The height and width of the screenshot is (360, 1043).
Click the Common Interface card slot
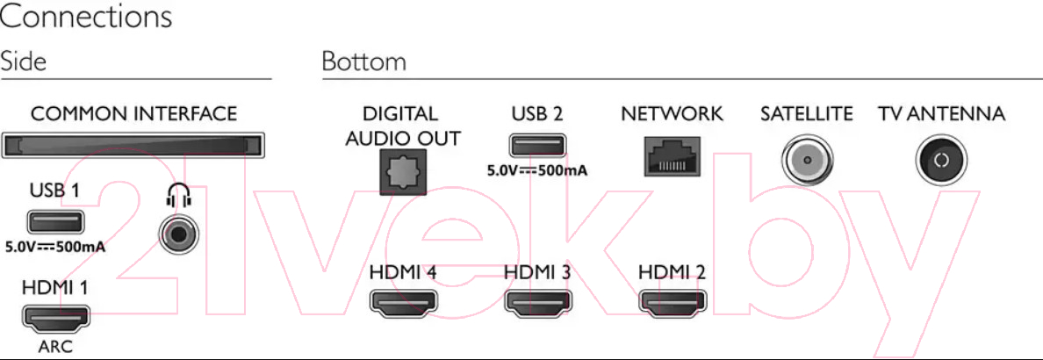pyautogui.click(x=133, y=144)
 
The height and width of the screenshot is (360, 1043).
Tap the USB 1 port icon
pyautogui.click(x=55, y=221)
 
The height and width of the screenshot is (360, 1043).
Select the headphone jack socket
pyautogui.click(x=179, y=234)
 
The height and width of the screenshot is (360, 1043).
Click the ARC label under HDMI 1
pyautogui.click(x=56, y=347)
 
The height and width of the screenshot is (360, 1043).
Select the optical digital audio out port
pyautogui.click(x=403, y=172)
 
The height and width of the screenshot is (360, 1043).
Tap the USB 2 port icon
pyautogui.click(x=537, y=146)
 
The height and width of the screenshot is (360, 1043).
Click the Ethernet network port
pyautogui.click(x=672, y=155)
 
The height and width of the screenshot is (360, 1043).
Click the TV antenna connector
pyautogui.click(x=941, y=160)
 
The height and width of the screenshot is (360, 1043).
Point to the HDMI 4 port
pyautogui.click(x=403, y=302)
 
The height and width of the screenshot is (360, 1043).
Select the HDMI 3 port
pyautogui.click(x=537, y=302)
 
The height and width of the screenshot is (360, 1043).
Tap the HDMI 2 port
pyautogui.click(x=673, y=302)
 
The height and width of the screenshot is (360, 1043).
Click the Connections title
pyautogui.click(x=86, y=17)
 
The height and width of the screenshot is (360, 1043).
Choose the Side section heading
pyautogui.click(x=24, y=61)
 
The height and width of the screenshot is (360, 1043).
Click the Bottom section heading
pyautogui.click(x=363, y=61)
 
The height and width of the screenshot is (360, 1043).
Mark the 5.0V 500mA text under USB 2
pyautogui.click(x=537, y=170)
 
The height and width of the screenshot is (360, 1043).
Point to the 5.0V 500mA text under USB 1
pyautogui.click(x=55, y=247)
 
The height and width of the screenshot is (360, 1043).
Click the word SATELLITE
pyautogui.click(x=807, y=114)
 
